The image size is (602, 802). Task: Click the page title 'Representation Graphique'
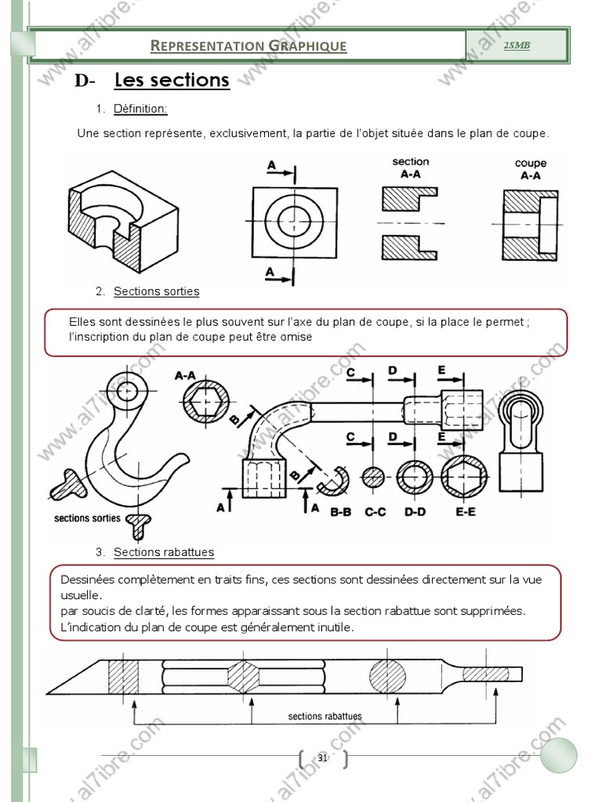pyautogui.click(x=248, y=45)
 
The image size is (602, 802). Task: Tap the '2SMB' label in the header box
pyautogui.click(x=517, y=45)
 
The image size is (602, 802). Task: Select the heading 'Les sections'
pyautogui.click(x=172, y=80)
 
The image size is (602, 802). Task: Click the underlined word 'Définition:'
pyautogui.click(x=140, y=109)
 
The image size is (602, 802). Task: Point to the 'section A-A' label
pyautogui.click(x=411, y=168)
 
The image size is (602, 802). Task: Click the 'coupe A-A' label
pyautogui.click(x=531, y=169)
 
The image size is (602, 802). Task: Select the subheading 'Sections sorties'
pyautogui.click(x=156, y=291)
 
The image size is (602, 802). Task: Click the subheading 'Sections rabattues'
pyautogui.click(x=163, y=552)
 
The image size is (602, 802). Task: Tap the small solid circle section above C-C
pyautogui.click(x=375, y=478)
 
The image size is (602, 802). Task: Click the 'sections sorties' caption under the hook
pyautogui.click(x=87, y=518)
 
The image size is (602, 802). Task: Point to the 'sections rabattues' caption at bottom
pyautogui.click(x=325, y=716)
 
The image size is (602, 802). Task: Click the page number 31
pyautogui.click(x=323, y=758)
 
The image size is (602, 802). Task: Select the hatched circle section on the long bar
pyautogui.click(x=390, y=674)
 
